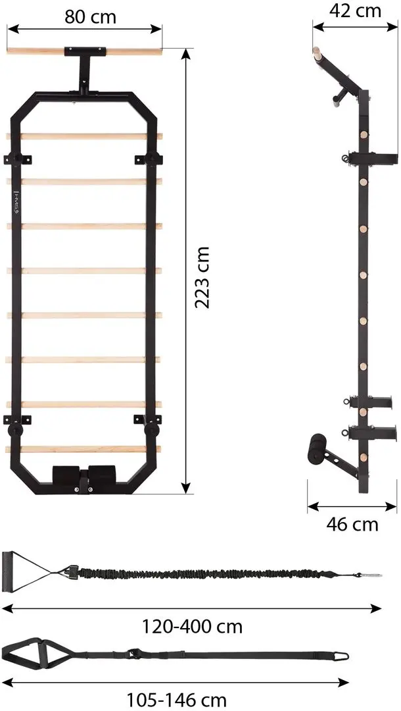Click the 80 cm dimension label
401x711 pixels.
(90, 16)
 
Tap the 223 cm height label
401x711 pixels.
(202, 278)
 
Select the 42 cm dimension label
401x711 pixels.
(355, 11)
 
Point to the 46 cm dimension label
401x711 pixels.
(352, 525)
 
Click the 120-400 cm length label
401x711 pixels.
(193, 627)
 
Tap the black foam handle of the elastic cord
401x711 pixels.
(8, 571)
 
